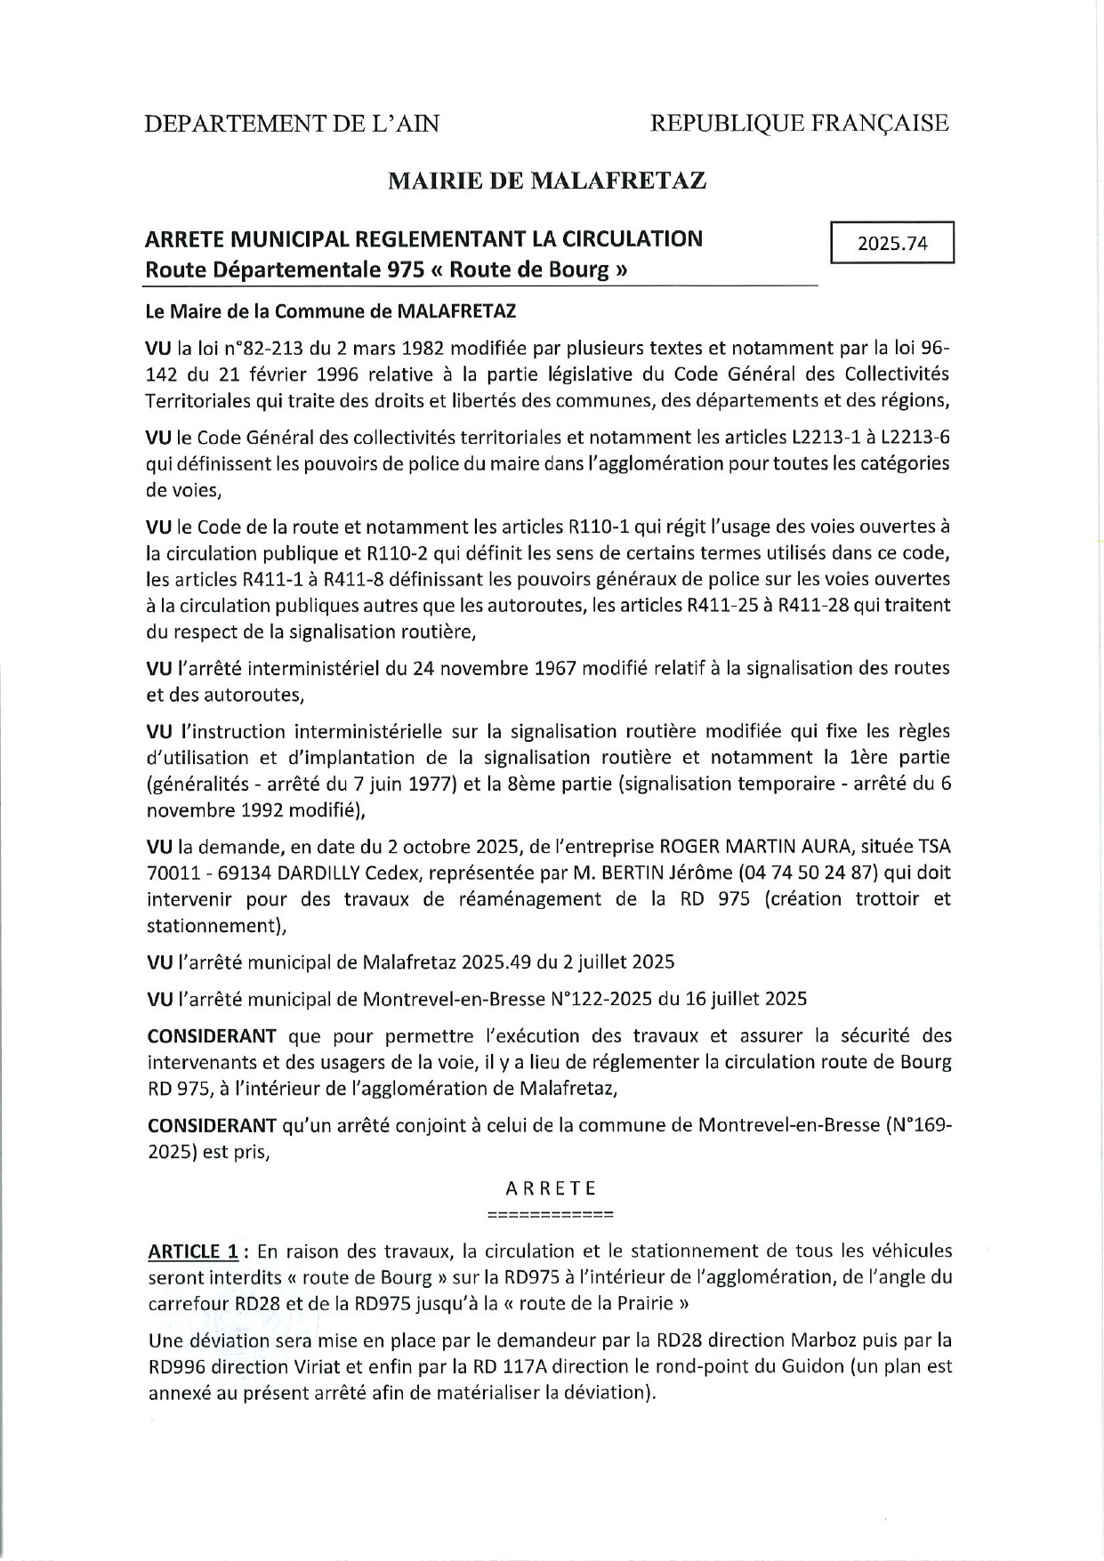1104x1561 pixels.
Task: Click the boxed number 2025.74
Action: pos(891,244)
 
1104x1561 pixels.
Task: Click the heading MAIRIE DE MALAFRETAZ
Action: pos(547,181)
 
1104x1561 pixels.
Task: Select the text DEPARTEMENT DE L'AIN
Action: pos(293,124)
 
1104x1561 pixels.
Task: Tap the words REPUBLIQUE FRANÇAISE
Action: pos(799,124)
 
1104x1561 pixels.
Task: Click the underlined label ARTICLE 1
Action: pos(192,1251)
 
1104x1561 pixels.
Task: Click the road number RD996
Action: pos(176,1366)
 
